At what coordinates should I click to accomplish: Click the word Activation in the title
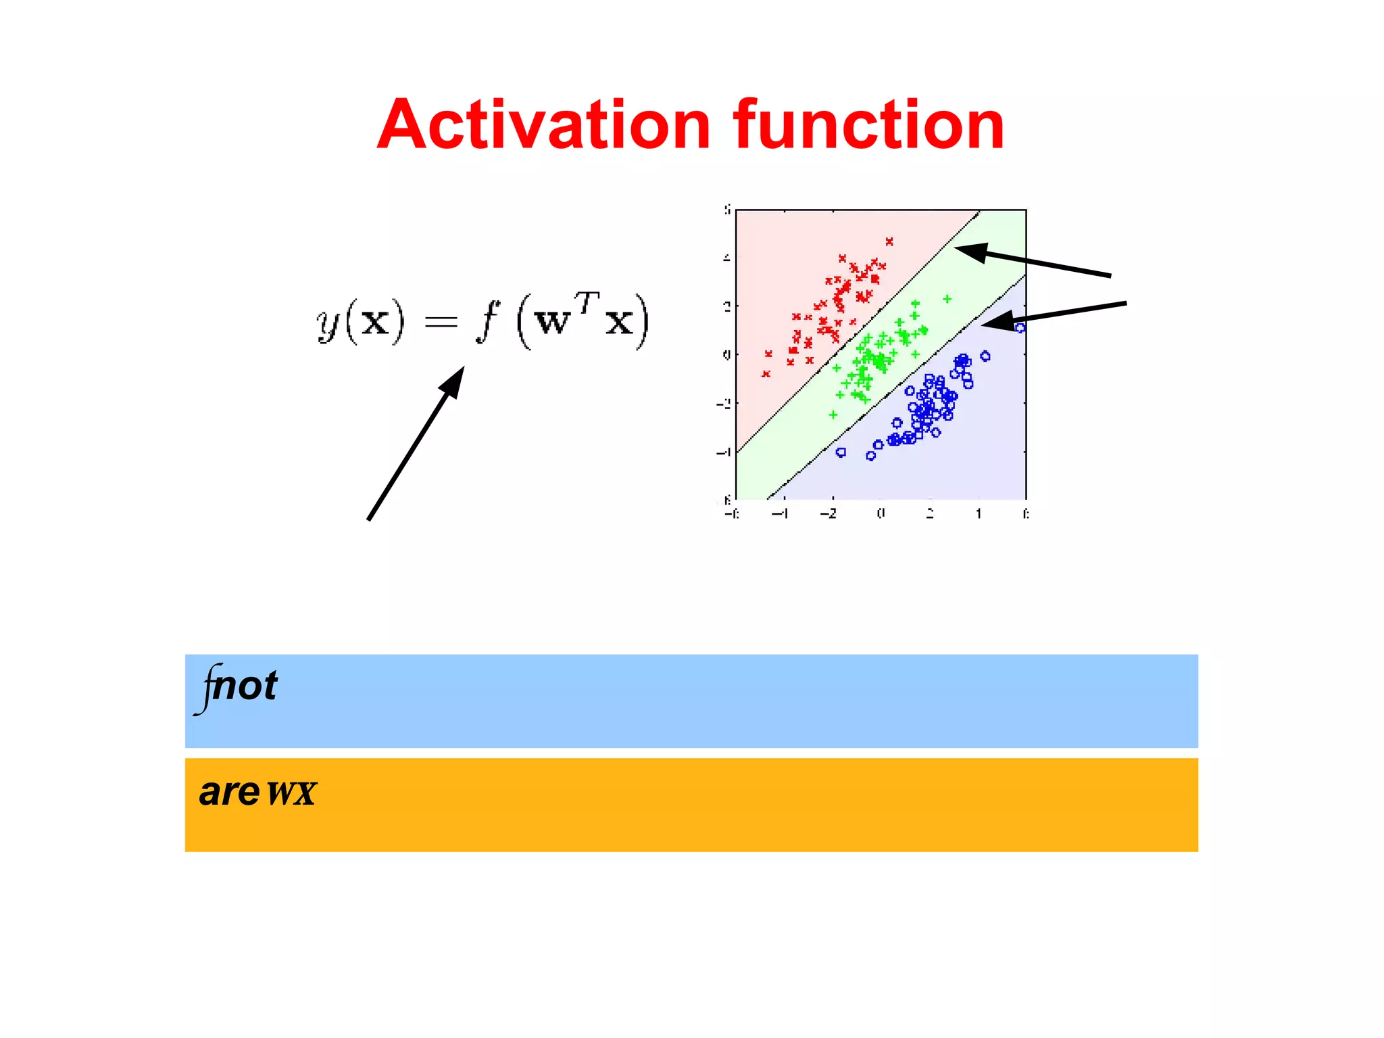point(544,125)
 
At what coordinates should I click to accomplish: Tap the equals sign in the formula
point(441,323)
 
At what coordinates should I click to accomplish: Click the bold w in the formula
point(553,323)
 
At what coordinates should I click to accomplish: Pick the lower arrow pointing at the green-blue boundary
point(1054,315)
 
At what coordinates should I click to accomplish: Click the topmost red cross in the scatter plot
point(889,241)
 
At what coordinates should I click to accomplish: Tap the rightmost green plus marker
point(947,299)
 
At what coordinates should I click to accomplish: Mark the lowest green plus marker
point(833,415)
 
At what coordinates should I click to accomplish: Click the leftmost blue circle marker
point(841,452)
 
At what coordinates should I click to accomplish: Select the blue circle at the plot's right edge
point(1020,328)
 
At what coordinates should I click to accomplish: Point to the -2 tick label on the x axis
point(829,514)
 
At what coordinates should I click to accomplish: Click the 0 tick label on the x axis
point(881,514)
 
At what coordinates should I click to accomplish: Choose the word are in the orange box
point(230,793)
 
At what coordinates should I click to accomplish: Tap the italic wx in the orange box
point(291,793)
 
